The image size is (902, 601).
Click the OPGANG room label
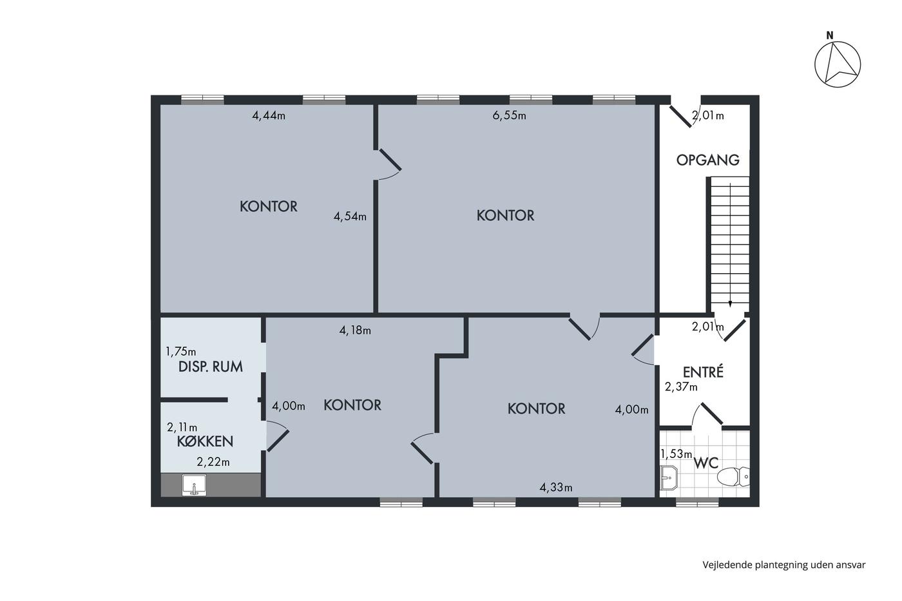click(x=707, y=160)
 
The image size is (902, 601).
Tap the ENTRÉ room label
click(x=703, y=372)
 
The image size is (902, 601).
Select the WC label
click(x=706, y=463)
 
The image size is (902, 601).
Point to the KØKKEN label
click(x=205, y=442)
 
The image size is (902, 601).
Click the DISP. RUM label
click(x=210, y=367)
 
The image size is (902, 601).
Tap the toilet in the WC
click(x=733, y=477)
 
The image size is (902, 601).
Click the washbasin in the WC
click(x=669, y=477)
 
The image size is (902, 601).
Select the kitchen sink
click(x=194, y=485)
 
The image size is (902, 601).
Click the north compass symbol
click(x=838, y=64)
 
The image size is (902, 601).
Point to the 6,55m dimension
click(x=509, y=115)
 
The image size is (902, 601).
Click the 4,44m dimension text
click(x=269, y=116)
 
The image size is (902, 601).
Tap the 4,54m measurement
click(x=350, y=216)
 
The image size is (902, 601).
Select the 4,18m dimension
click(x=355, y=330)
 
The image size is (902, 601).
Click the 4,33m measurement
click(x=555, y=488)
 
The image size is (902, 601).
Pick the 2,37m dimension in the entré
click(x=681, y=387)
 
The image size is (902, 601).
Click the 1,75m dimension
click(x=181, y=352)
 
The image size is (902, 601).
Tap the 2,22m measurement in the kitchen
click(x=213, y=462)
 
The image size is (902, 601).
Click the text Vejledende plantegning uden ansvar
click(x=784, y=565)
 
